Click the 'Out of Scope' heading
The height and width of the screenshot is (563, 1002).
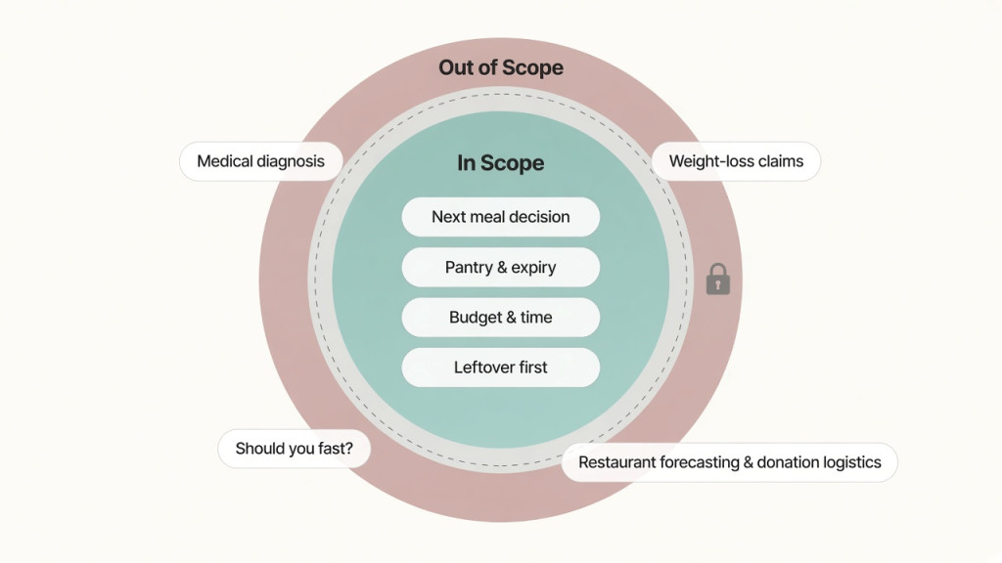[x=500, y=67]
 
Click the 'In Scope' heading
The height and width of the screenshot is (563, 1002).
[x=500, y=163]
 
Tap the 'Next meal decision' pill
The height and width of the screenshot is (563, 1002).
[x=500, y=217]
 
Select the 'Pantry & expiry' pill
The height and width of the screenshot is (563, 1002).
[x=500, y=267]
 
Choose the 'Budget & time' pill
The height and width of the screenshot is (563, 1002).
[x=500, y=318]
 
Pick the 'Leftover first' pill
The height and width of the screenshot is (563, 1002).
[x=500, y=368]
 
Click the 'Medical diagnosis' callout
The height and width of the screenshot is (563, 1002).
[x=260, y=161]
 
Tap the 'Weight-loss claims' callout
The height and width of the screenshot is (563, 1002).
[x=736, y=161]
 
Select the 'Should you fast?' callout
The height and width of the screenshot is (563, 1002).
[x=294, y=449]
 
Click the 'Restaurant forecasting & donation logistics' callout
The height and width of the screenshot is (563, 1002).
[x=730, y=462]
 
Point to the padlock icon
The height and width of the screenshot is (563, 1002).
[x=717, y=279]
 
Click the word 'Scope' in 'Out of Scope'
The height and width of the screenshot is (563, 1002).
[x=531, y=68]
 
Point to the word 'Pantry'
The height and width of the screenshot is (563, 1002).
[x=469, y=268]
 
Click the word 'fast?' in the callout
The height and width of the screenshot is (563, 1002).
[x=336, y=449]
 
